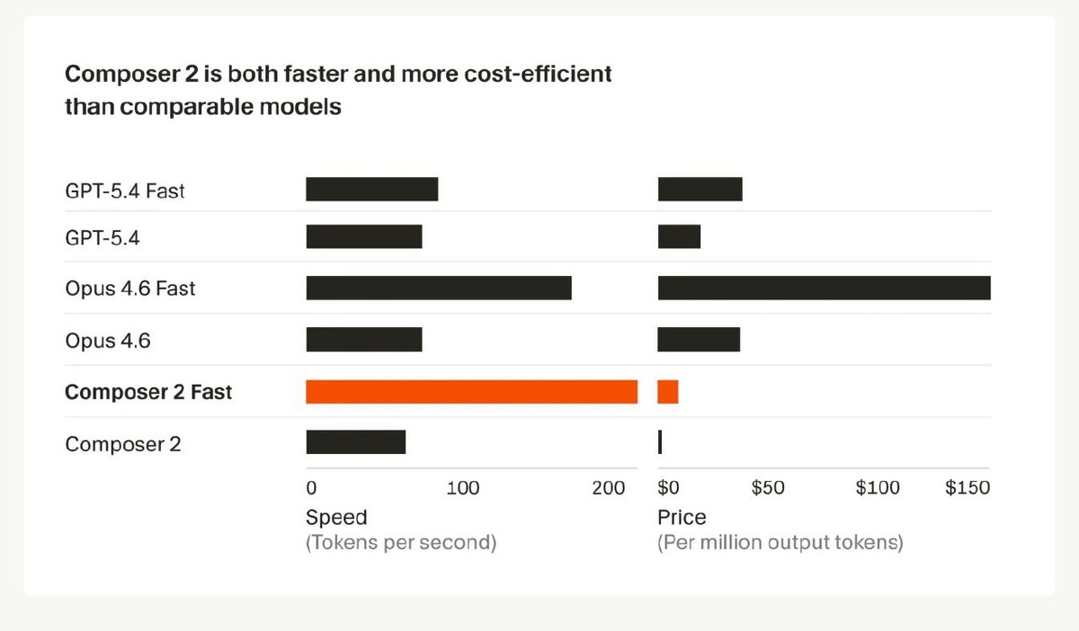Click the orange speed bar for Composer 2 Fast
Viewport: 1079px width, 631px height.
(x=471, y=392)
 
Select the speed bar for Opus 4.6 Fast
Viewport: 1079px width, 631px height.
(x=439, y=288)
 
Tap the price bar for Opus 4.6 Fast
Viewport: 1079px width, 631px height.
(x=824, y=288)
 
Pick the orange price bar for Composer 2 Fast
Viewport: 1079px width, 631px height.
(x=668, y=392)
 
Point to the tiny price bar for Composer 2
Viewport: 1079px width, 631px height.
(x=660, y=442)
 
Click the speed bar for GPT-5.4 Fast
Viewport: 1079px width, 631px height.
(x=371, y=190)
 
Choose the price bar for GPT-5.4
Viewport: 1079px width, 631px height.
(x=679, y=237)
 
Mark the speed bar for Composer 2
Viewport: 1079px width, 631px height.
(x=355, y=442)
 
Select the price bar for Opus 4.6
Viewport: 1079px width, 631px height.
(x=699, y=340)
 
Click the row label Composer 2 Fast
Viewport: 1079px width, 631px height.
(x=148, y=393)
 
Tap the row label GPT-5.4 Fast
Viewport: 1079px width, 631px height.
(x=125, y=191)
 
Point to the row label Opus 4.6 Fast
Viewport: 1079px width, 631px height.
(x=129, y=289)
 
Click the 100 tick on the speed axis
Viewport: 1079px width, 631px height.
(x=462, y=488)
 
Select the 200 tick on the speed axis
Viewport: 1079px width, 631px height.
(x=609, y=488)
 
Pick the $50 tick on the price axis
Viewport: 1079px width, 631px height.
(x=767, y=488)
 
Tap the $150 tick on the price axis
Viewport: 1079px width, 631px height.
(x=968, y=488)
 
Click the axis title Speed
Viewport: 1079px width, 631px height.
(x=336, y=517)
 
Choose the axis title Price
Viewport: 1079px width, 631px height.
(x=682, y=517)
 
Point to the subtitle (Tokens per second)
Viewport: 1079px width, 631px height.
(x=400, y=543)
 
